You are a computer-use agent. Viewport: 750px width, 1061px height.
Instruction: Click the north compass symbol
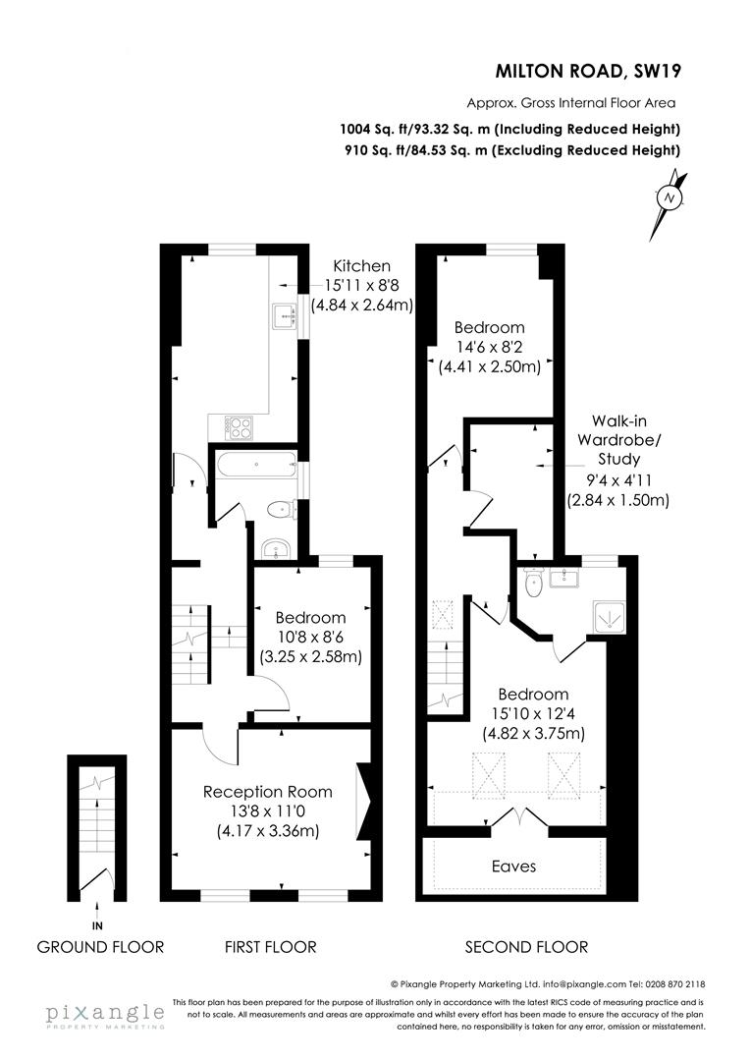671,196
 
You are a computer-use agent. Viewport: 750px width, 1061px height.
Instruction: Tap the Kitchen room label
361,266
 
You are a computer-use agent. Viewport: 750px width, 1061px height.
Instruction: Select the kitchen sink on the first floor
286,315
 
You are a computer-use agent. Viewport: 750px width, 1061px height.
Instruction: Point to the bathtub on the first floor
255,465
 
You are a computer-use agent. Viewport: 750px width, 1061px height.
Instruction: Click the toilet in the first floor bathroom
281,509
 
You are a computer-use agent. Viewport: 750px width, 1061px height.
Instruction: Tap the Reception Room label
267,792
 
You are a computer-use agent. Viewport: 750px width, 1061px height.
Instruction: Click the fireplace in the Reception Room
364,801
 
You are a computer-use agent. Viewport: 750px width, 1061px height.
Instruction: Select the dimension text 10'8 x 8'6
310,637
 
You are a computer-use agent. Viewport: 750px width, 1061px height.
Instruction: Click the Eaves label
514,866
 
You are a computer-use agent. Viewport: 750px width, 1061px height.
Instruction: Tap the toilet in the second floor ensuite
533,584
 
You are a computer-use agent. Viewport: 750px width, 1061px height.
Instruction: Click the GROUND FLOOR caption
100,947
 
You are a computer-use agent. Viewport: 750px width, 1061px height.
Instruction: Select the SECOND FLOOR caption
526,947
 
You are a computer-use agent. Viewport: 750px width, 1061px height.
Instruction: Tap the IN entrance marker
97,925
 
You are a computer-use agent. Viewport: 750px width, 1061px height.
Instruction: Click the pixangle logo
104,1014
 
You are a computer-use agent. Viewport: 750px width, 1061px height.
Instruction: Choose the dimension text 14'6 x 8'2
489,348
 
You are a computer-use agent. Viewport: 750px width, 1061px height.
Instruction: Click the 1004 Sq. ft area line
509,129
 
